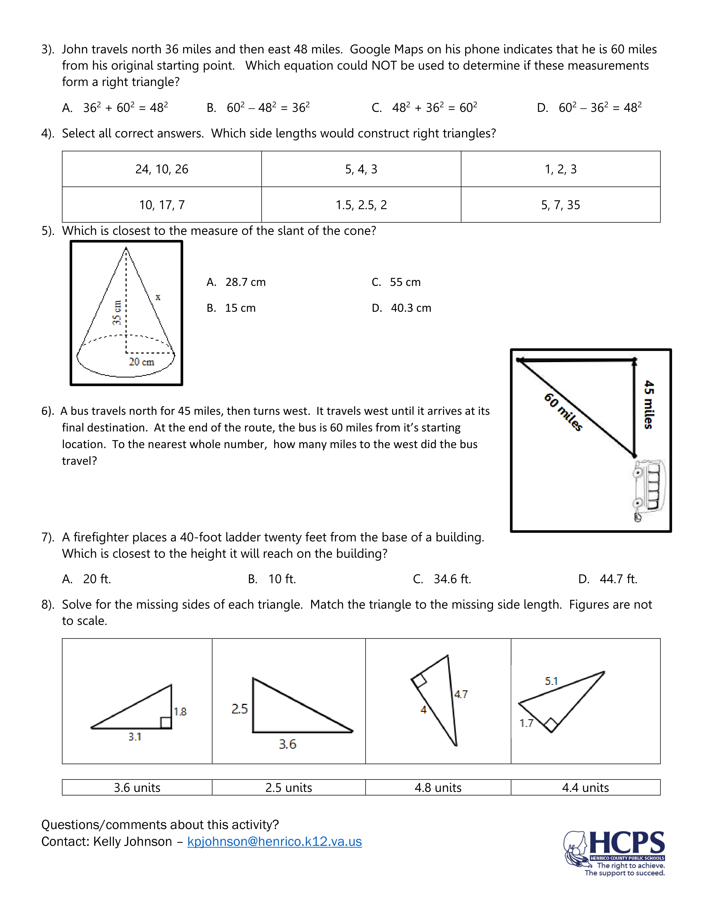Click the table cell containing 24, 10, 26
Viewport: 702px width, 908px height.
(x=162, y=169)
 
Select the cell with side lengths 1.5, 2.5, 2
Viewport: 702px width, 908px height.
(x=361, y=205)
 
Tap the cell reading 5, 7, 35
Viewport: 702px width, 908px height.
(x=560, y=205)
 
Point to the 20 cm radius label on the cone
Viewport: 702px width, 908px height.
(x=142, y=362)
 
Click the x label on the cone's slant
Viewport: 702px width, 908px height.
(x=158, y=297)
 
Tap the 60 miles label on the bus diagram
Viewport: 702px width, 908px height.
(x=563, y=412)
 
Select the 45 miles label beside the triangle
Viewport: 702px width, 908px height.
(x=649, y=404)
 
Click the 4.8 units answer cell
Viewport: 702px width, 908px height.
(x=438, y=787)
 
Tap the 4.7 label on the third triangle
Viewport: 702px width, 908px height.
(x=461, y=694)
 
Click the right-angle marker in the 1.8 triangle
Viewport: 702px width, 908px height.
(x=165, y=723)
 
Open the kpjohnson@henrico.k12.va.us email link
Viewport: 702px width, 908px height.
(x=274, y=841)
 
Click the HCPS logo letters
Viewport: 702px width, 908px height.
(x=627, y=843)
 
